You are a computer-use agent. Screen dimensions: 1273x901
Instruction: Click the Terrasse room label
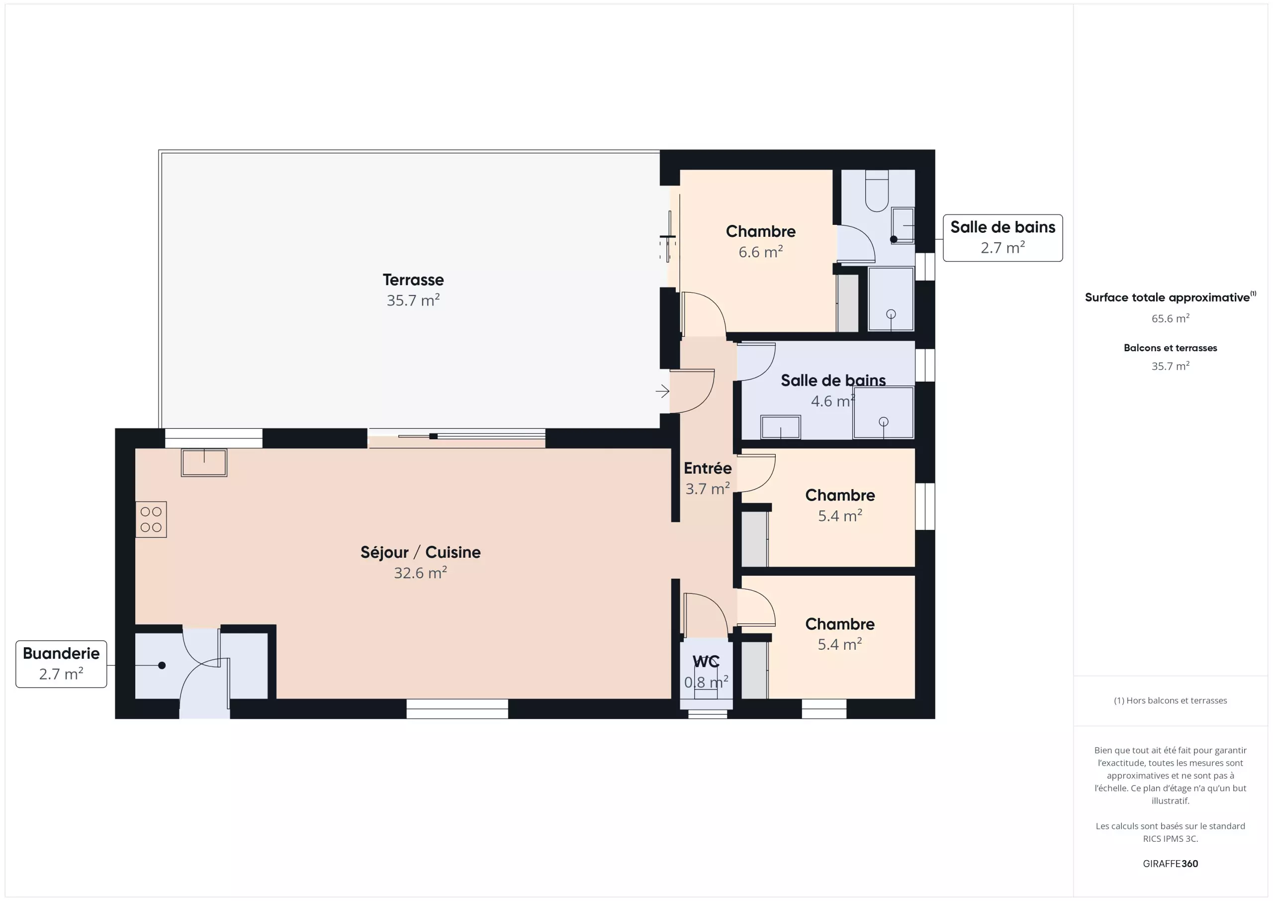pos(413,280)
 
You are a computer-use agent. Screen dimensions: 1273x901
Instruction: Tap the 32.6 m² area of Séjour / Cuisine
pos(420,573)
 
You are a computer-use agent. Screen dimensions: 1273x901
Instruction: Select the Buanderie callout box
pos(61,664)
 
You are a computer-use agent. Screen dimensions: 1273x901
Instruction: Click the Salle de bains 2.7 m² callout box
pos(1002,238)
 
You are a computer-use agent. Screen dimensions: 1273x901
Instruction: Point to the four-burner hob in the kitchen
pos(151,520)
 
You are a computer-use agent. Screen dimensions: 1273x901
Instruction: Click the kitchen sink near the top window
pos(204,463)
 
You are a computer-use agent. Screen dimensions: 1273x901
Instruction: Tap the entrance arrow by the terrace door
pos(662,391)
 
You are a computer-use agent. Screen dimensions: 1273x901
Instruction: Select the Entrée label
pos(708,468)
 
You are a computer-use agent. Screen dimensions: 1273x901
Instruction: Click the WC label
pos(706,661)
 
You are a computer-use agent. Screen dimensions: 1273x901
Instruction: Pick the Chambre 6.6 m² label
pos(761,241)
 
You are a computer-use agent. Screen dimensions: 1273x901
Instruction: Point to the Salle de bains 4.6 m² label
pos(833,391)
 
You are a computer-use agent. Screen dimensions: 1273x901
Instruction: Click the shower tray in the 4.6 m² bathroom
pos(883,412)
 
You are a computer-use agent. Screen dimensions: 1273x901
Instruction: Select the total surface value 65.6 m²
pos(1171,318)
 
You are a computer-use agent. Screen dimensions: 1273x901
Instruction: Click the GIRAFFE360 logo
pos(1171,863)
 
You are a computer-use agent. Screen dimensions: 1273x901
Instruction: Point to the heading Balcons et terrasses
pos(1171,348)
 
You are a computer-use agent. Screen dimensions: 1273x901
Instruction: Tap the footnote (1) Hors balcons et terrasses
pos(1171,701)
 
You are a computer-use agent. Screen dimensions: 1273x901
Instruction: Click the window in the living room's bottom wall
pos(457,709)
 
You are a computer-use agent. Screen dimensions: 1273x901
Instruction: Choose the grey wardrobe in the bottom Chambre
pos(754,670)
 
